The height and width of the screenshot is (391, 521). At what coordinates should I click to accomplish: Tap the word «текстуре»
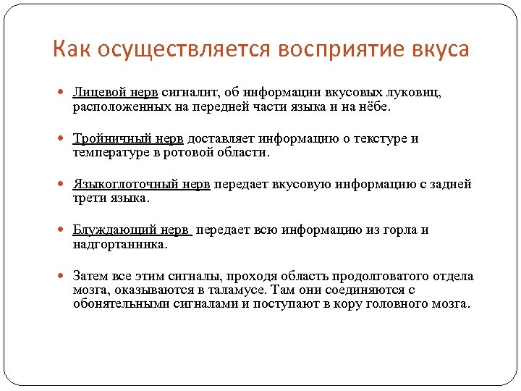tap(379, 139)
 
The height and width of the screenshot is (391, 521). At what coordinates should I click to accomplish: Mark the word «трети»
tap(88, 198)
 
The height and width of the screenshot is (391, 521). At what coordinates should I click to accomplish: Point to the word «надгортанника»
tap(119, 244)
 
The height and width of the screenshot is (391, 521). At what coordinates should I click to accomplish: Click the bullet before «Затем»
tap(63, 277)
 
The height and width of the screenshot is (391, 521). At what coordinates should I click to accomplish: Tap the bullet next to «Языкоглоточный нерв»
tap(63, 185)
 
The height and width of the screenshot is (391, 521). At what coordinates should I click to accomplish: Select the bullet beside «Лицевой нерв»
tap(63, 93)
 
